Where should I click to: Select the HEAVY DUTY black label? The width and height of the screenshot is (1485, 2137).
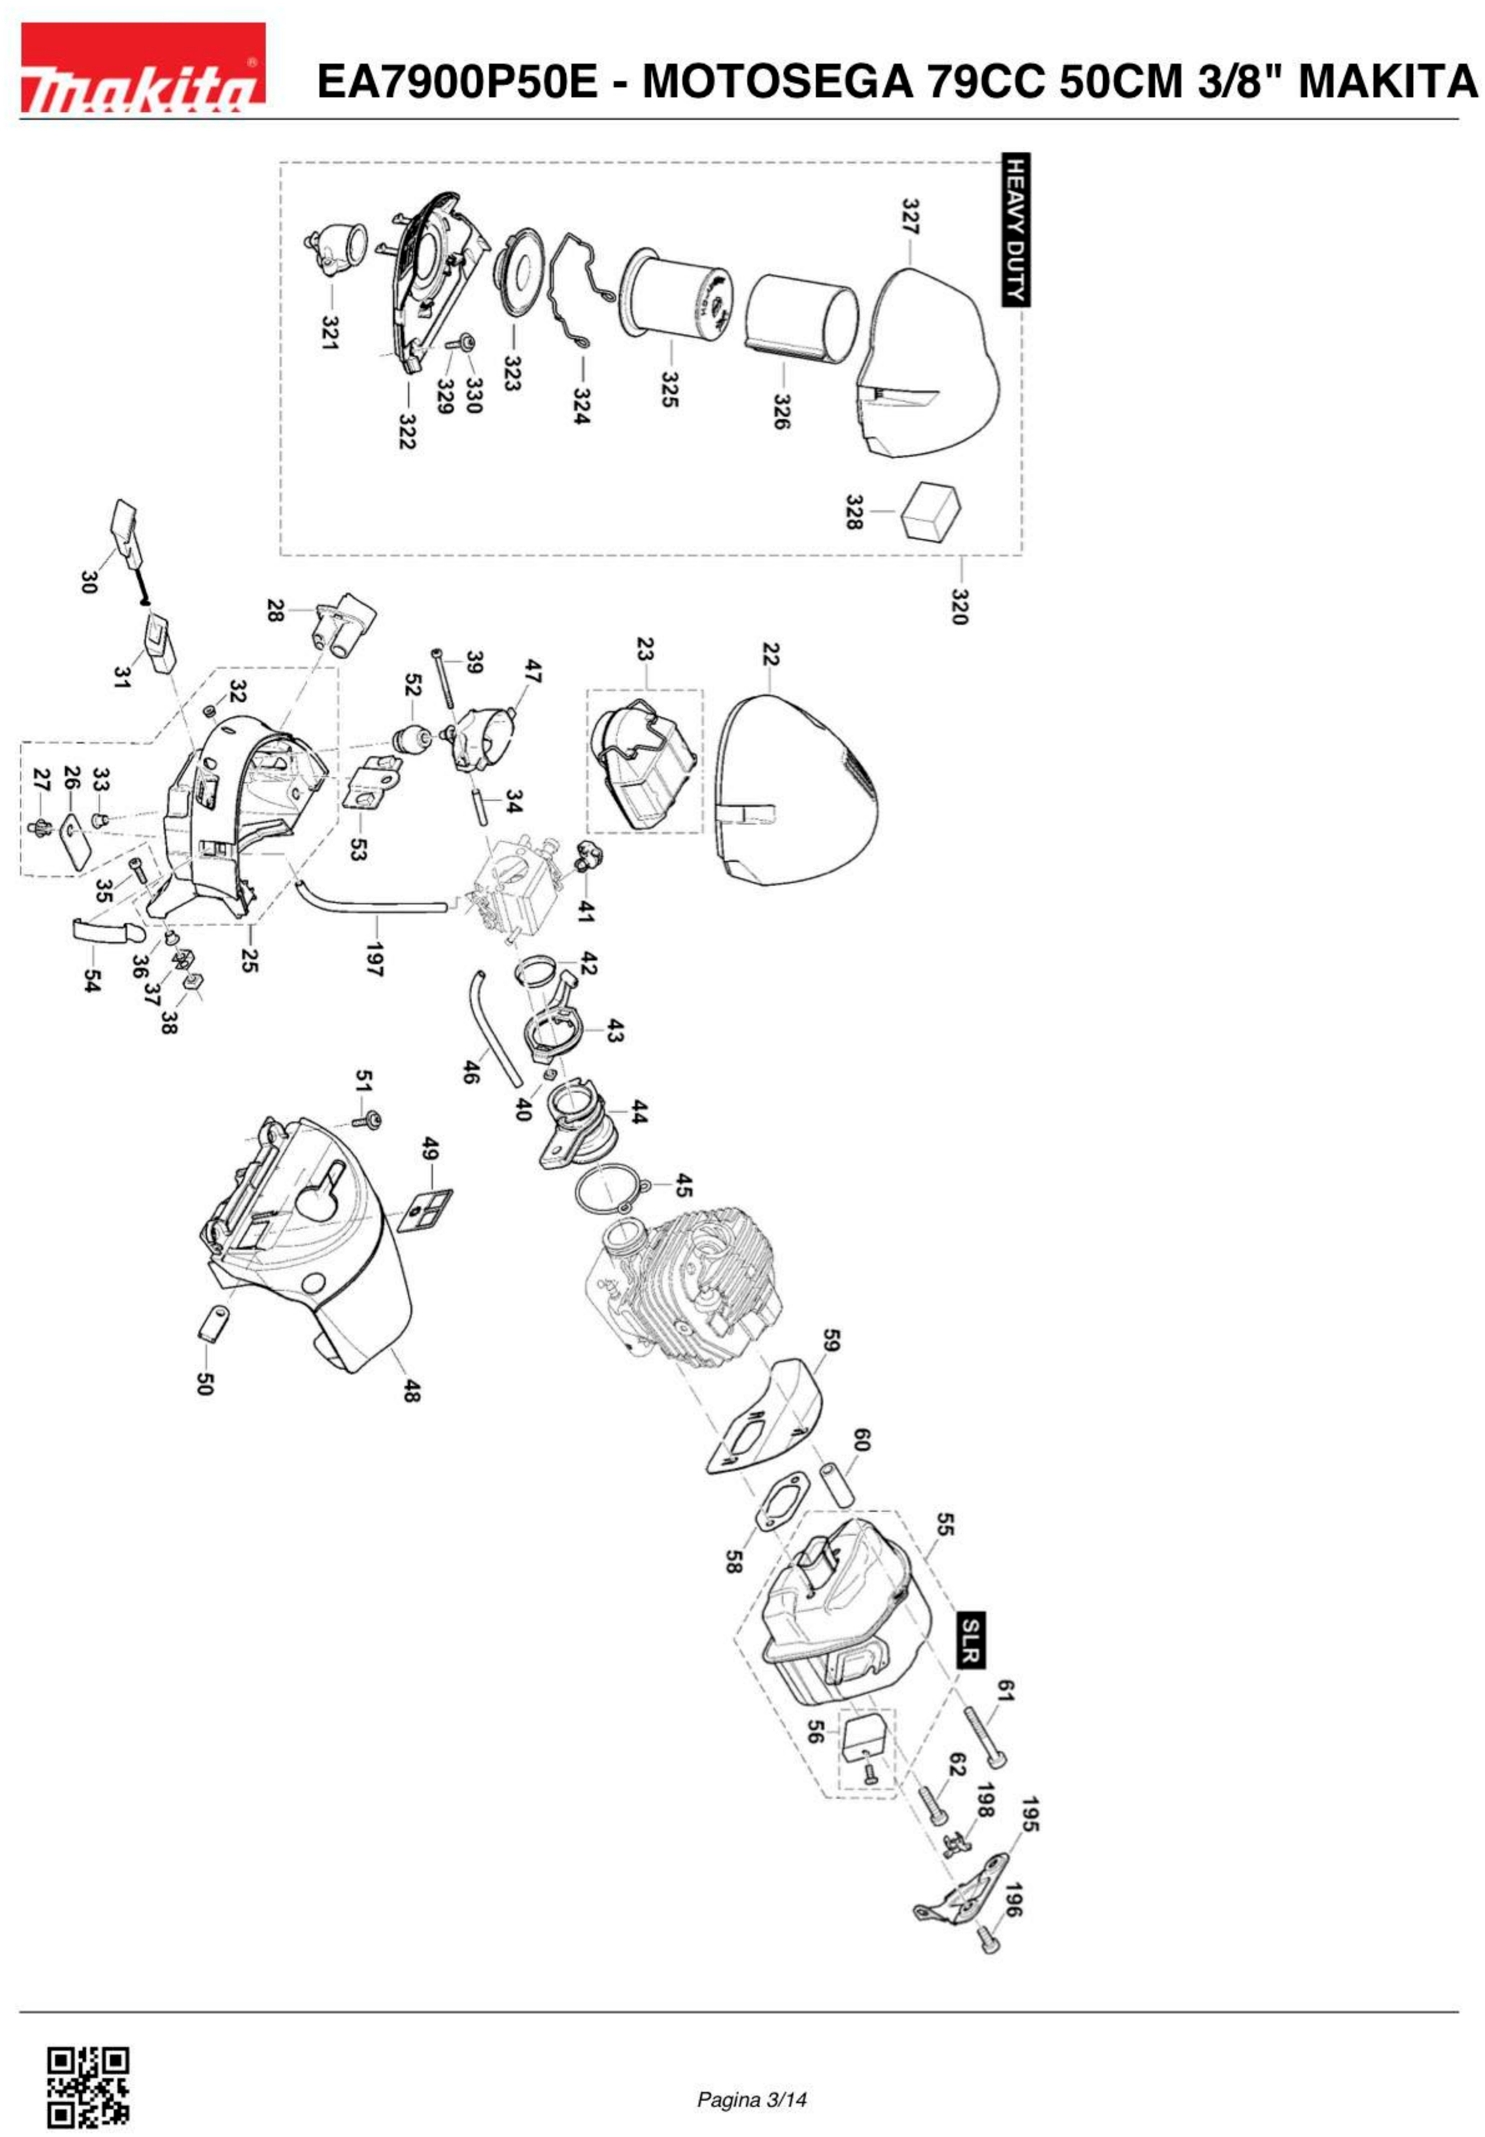pos(1015,229)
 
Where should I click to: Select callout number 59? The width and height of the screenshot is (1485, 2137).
pos(831,1340)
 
